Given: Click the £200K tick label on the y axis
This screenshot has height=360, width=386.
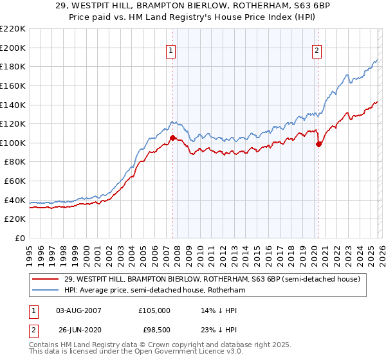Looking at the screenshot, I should coord(13,48).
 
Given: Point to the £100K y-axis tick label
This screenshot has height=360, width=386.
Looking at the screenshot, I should coord(13,143).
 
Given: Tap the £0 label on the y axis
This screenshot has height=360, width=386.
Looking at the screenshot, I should coord(19,238).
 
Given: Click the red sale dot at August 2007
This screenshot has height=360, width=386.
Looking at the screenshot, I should coord(172,138).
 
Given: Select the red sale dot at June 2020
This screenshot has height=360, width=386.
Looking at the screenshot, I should coord(319,144).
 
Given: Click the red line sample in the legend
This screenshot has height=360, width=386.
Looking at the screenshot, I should coord(45,279).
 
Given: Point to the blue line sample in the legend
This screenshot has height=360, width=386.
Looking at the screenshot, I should coord(45,290).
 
